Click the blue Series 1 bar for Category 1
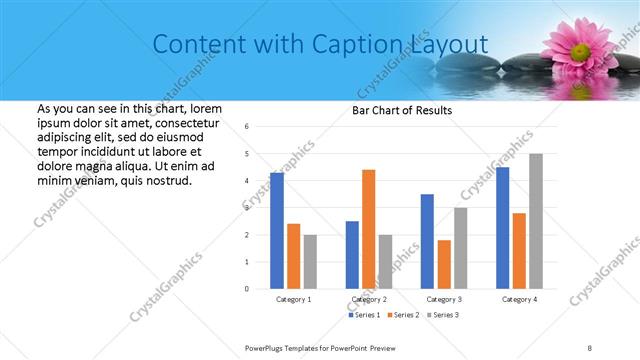tap(277, 231)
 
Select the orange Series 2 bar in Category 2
tap(368, 229)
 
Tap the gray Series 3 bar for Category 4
tap(536, 221)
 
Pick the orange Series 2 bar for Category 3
tap(444, 264)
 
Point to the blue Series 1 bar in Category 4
tap(502, 228)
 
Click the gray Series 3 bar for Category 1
tap(310, 262)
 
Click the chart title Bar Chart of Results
tap(402, 110)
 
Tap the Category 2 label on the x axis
tap(369, 299)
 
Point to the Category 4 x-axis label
tap(519, 299)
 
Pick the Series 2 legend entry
tap(403, 315)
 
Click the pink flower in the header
tap(580, 45)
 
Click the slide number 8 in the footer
tap(590, 347)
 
